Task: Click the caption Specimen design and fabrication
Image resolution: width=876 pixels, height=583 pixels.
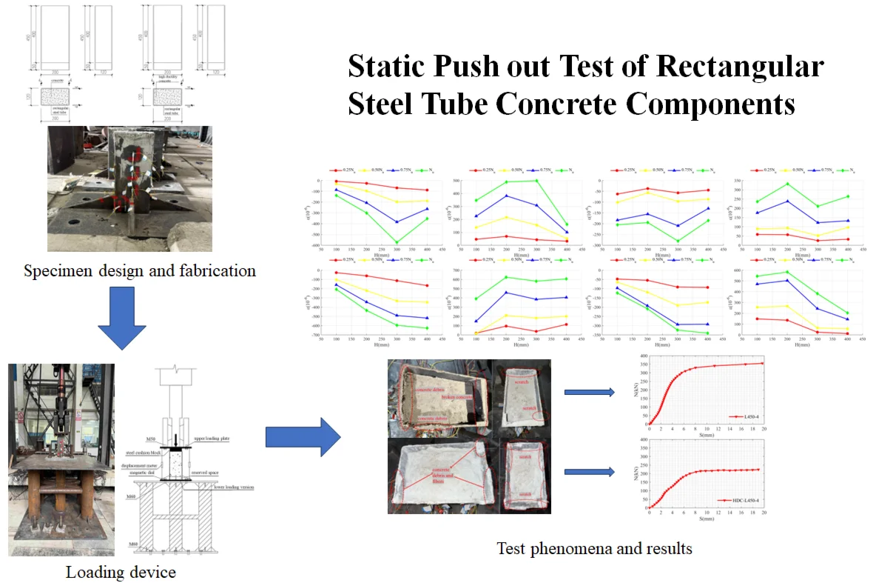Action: tap(140, 271)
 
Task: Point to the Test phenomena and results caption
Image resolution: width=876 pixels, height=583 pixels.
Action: tap(594, 549)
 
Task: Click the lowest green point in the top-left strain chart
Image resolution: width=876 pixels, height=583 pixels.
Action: tap(397, 242)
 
